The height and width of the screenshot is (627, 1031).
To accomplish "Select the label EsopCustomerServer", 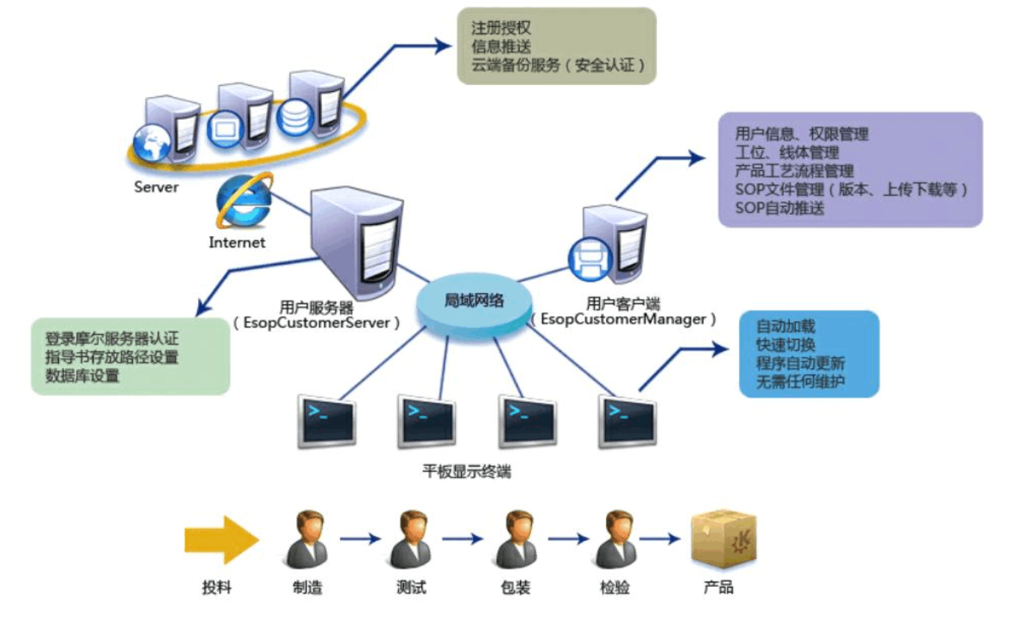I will (316, 324).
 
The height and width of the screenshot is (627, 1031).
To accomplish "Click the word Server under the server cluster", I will (156, 187).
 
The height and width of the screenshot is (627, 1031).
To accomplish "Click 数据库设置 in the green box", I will (82, 376).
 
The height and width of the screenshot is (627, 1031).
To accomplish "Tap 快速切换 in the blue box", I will (785, 345).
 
